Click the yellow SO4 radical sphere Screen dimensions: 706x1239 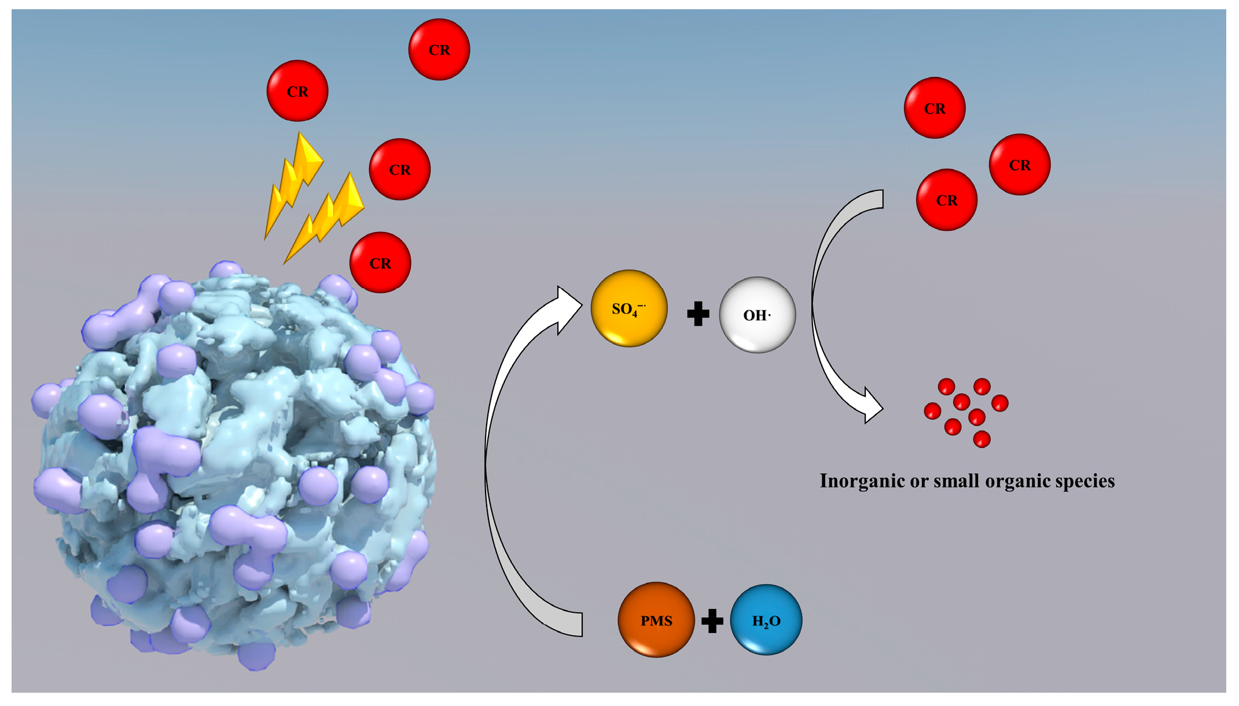point(628,308)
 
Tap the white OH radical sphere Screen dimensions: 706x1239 point(757,315)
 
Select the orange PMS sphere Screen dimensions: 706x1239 point(656,620)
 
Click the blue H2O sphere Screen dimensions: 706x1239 point(766,620)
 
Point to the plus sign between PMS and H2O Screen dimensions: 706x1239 point(712,620)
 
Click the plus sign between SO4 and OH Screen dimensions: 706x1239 point(698,314)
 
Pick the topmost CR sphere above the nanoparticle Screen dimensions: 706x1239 point(439,50)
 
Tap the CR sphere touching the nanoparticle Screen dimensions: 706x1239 point(380,263)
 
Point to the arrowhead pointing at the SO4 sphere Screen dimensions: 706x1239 point(568,309)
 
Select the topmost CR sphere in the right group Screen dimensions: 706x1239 point(934,108)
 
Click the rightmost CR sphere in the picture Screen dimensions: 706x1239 point(1019,165)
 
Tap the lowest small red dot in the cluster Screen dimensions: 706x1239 point(981,439)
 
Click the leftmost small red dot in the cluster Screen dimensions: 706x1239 point(932,411)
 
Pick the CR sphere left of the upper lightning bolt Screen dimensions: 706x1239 point(297,91)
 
